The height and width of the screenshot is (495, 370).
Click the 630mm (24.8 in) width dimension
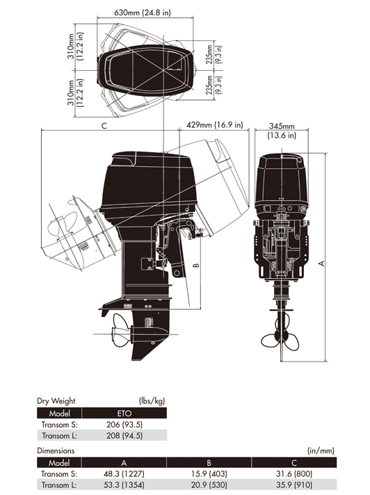coord(142,13)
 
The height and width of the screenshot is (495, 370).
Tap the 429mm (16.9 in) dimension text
coord(215,124)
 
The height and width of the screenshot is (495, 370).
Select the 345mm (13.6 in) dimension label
coord(282,131)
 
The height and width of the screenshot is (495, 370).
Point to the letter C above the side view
coord(104,126)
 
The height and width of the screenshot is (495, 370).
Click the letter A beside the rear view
coord(321,263)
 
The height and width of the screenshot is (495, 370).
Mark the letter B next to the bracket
coord(195,265)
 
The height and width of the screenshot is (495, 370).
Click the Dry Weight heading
coord(56,401)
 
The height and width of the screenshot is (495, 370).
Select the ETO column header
coord(124,413)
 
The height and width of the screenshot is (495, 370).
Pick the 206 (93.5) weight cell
coord(124,425)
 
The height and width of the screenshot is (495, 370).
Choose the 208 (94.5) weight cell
coord(124,436)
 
